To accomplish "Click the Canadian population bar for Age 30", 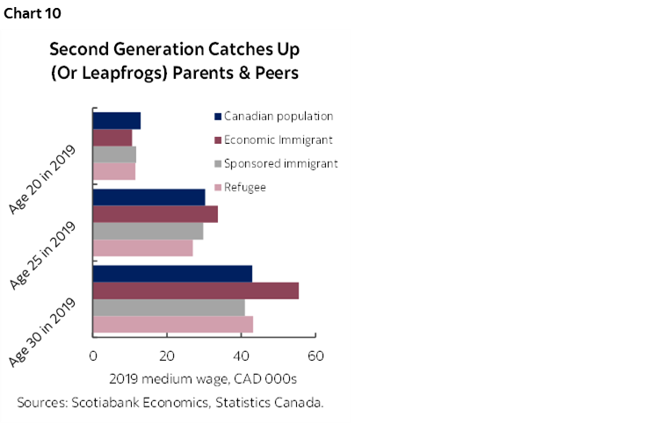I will click(x=172, y=273).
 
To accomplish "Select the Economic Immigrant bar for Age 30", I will click(x=196, y=291).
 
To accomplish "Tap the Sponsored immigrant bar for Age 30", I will click(x=169, y=307).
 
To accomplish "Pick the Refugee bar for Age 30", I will click(x=173, y=324).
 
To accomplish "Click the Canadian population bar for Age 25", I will click(x=148, y=197).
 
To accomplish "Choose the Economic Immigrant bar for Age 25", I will click(x=156, y=214).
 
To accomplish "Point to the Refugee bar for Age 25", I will click(x=142, y=248).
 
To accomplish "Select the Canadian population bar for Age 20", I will click(x=117, y=121).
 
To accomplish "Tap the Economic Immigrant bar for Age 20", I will click(x=112, y=138).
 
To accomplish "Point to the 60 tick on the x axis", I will click(x=315, y=356).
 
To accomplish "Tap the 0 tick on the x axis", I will click(x=93, y=356).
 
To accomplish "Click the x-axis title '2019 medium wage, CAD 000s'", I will click(x=204, y=379).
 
